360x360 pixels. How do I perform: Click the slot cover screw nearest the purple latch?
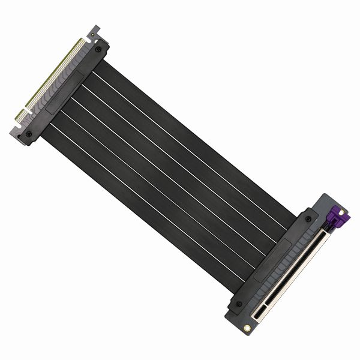(308, 219)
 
